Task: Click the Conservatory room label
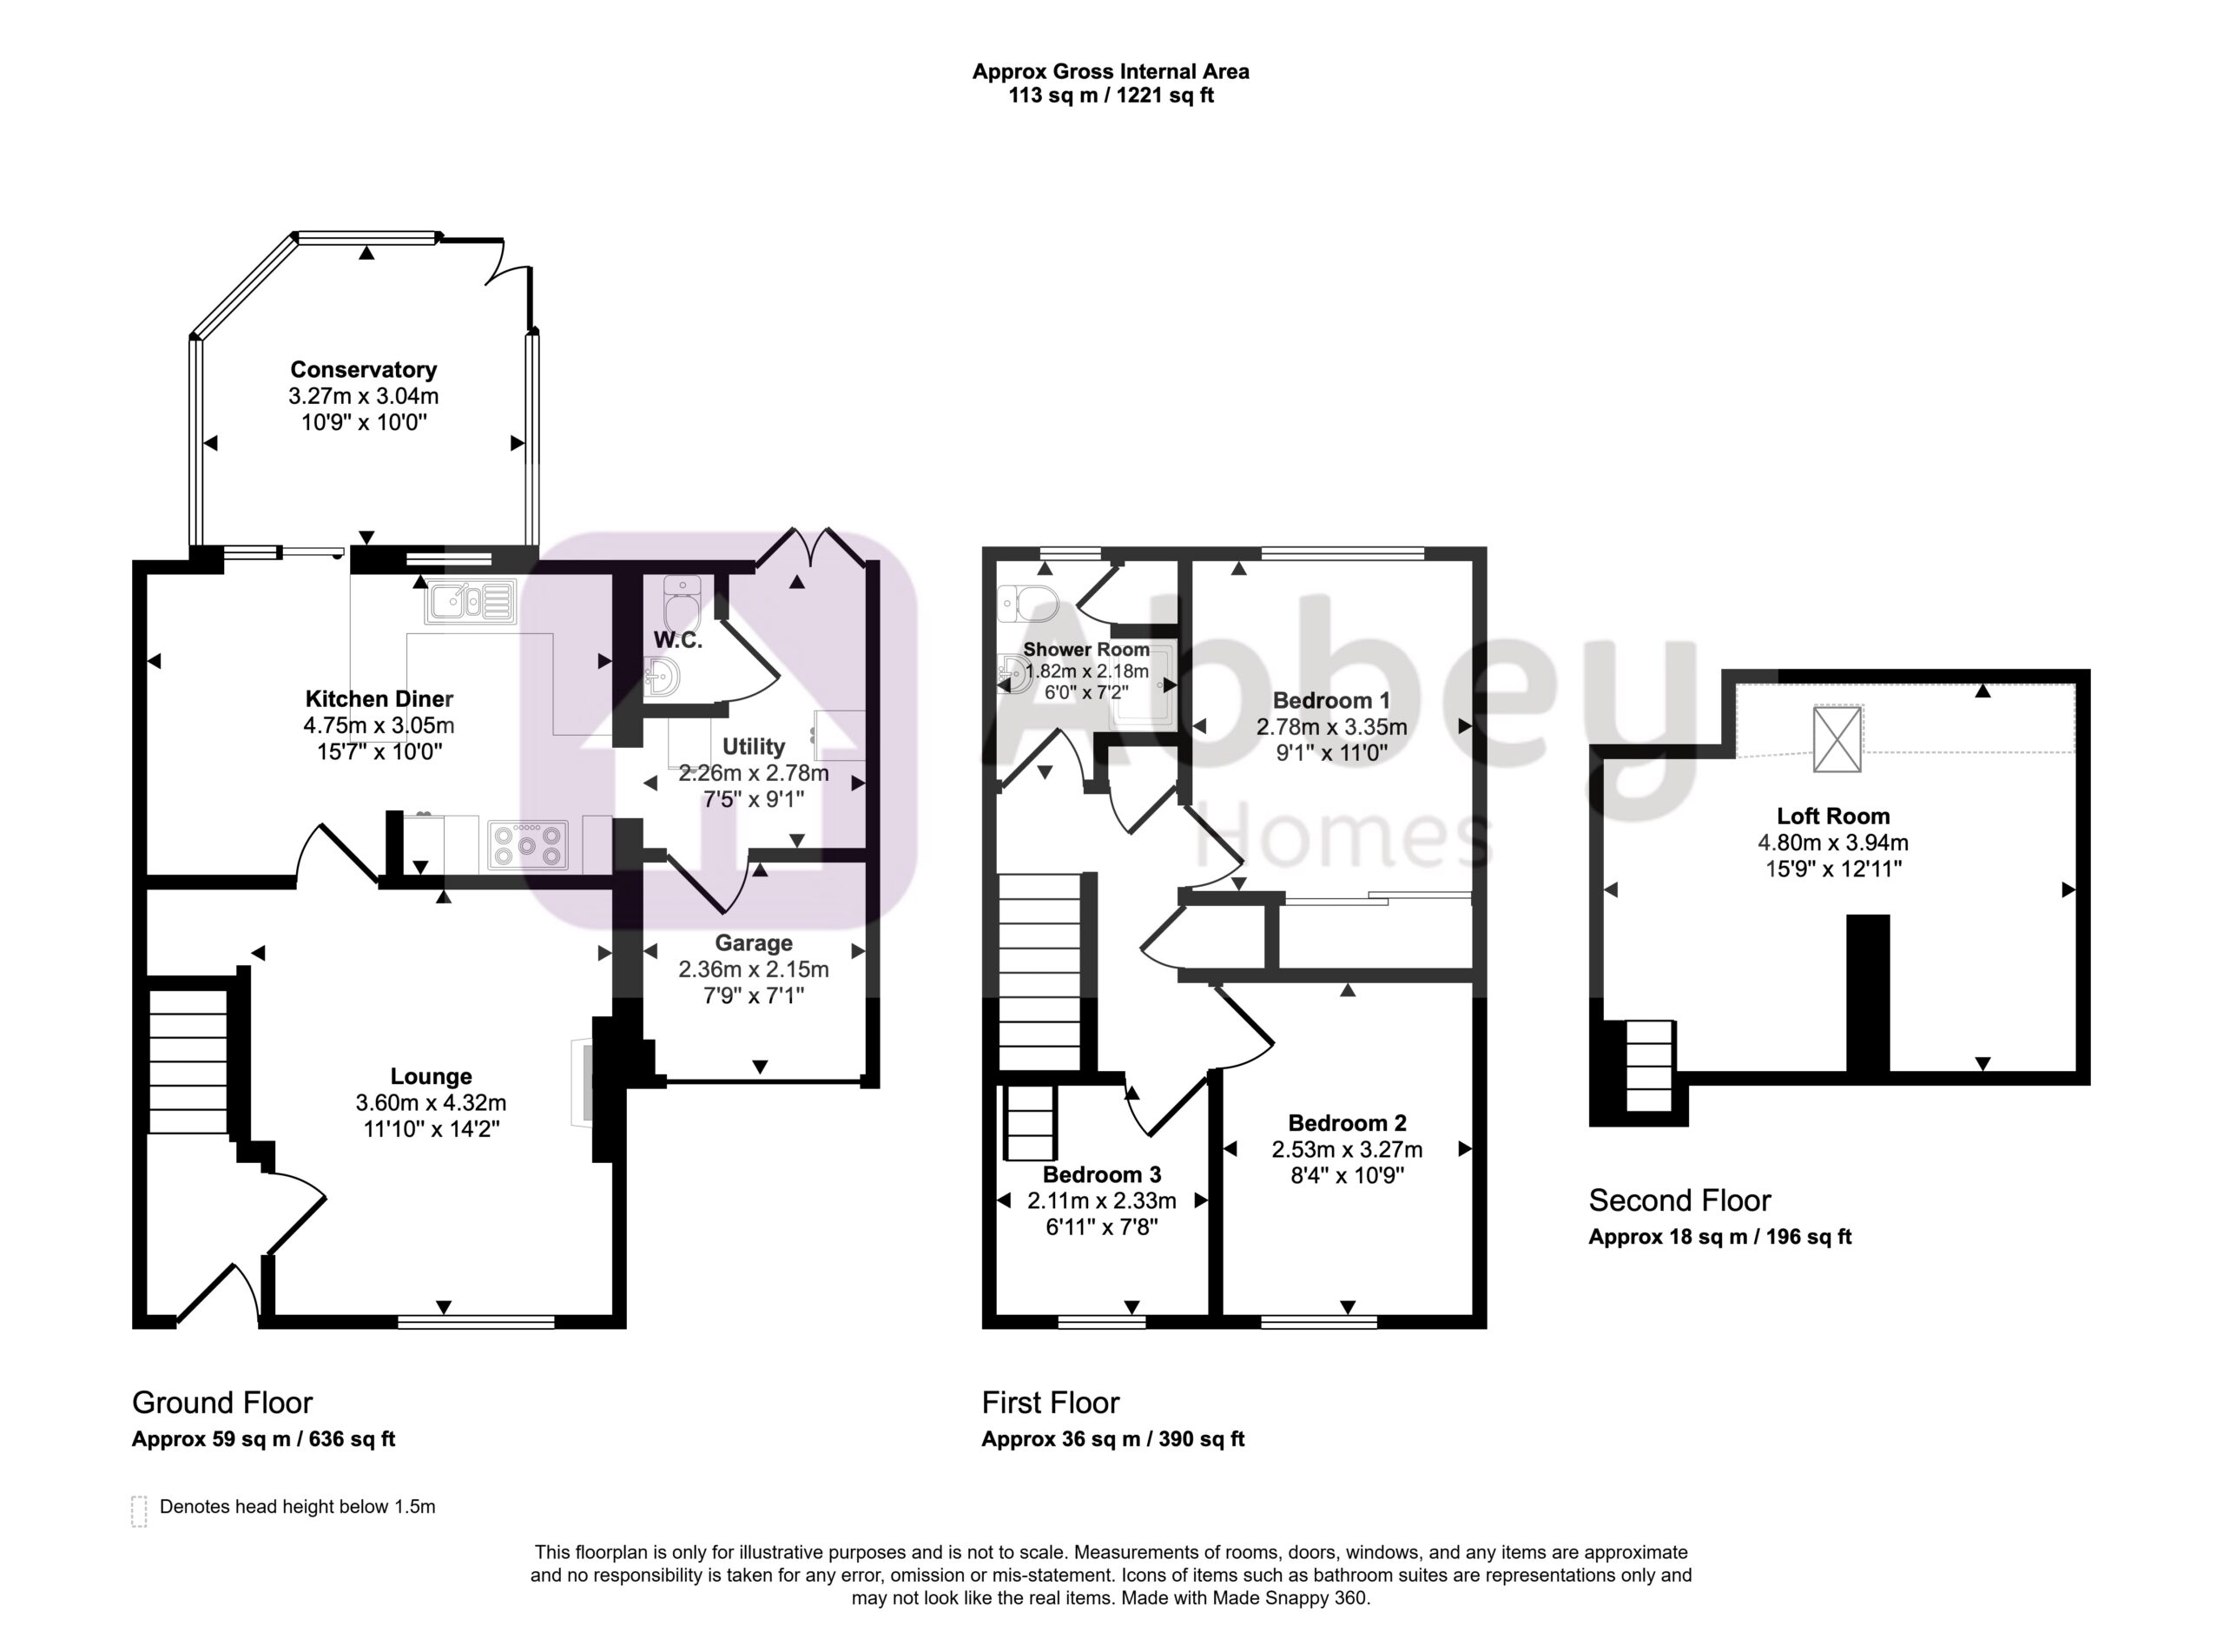coord(363,370)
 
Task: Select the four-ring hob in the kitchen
coord(528,844)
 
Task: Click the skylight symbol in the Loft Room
coord(1837,738)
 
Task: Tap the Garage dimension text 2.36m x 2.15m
coord(753,969)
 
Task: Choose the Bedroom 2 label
coord(1347,1123)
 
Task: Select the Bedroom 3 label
coord(1101,1174)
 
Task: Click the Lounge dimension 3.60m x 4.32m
coord(431,1102)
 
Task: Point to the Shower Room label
coord(1086,650)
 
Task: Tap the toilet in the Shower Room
coord(1027,602)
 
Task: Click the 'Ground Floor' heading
coord(222,1402)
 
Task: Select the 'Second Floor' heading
coord(1679,1200)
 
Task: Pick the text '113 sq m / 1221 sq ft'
coord(1111,96)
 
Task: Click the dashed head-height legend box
coord(139,1511)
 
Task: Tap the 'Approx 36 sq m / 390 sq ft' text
coord(1113,1439)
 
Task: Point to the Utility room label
coord(753,746)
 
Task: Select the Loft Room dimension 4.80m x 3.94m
coord(1833,843)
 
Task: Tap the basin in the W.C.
coord(663,677)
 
